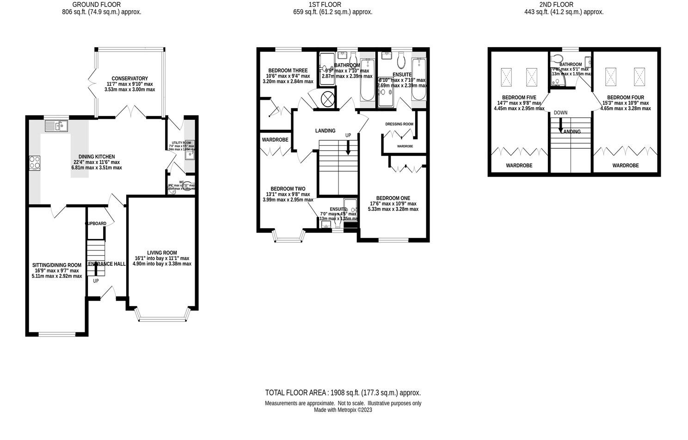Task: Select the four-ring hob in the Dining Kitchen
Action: click(x=35, y=163)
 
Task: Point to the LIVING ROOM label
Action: click(x=162, y=253)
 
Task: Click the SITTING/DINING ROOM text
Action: click(x=57, y=265)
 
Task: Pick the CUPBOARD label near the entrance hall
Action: click(x=96, y=224)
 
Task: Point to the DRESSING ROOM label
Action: click(x=399, y=124)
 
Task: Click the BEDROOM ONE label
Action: click(x=393, y=198)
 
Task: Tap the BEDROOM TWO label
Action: click(x=288, y=189)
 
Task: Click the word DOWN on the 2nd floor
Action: click(x=560, y=113)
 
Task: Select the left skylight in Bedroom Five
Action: click(x=506, y=77)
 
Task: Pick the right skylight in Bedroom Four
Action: click(x=639, y=77)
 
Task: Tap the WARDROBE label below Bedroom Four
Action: click(x=625, y=165)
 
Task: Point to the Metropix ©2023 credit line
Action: click(x=343, y=410)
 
